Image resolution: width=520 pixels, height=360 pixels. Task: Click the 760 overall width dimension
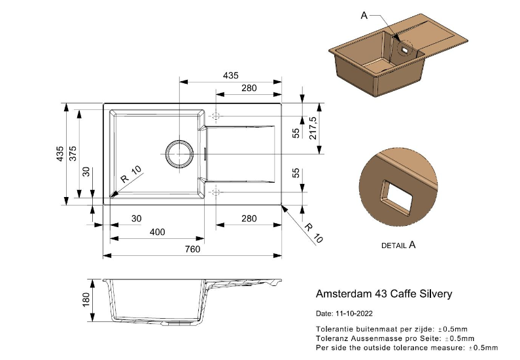pos(192,249)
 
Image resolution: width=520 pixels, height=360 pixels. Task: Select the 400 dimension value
pos(157,232)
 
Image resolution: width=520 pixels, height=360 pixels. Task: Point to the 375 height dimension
pos(73,153)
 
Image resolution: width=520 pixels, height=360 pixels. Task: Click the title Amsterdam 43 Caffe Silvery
pos(384,294)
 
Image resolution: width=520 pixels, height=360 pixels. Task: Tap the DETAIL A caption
pos(398,245)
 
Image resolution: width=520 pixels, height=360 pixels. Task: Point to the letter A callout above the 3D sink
pos(364,15)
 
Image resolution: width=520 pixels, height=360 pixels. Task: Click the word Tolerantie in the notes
pos(334,329)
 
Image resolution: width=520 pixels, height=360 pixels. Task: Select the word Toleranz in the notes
pos(332,338)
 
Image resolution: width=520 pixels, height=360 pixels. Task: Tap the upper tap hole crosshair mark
pos(217,117)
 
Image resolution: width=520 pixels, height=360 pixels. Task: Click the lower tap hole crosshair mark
pos(217,191)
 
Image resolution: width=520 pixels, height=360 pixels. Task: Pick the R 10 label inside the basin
pos(131,176)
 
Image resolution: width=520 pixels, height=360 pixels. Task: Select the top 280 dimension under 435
pos(249,88)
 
